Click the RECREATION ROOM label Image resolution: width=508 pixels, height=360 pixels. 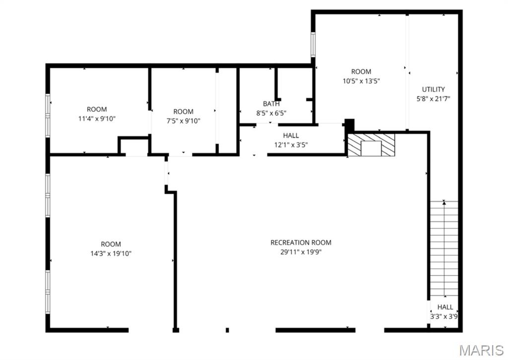[x=301, y=243]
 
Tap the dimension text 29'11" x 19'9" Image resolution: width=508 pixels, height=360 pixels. [x=301, y=252]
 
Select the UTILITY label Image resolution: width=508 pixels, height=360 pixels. [x=433, y=89]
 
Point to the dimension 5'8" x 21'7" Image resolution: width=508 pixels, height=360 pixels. [x=433, y=99]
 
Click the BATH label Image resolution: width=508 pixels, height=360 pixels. [x=271, y=104]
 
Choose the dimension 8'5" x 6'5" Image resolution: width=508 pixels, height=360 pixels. [x=271, y=113]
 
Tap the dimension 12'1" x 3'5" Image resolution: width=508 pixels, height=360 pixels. [x=291, y=145]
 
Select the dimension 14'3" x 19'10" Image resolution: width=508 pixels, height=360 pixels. [x=111, y=254]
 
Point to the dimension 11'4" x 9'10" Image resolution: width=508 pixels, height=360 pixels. [x=97, y=119]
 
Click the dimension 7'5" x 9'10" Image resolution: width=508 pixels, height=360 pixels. [x=184, y=121]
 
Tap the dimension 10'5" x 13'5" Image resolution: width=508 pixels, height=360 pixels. [x=361, y=81]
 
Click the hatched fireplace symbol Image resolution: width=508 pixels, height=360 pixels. [x=371, y=145]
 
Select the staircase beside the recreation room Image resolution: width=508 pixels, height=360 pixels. [x=444, y=248]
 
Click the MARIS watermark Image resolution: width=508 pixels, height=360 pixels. [x=481, y=350]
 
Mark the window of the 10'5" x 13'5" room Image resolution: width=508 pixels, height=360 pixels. [x=313, y=44]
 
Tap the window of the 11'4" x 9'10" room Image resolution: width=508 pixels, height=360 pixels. [x=48, y=116]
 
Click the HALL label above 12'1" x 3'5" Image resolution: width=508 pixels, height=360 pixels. [x=291, y=136]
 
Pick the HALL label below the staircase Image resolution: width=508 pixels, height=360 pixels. [x=445, y=307]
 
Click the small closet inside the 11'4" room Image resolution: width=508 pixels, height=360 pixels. [x=134, y=146]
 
